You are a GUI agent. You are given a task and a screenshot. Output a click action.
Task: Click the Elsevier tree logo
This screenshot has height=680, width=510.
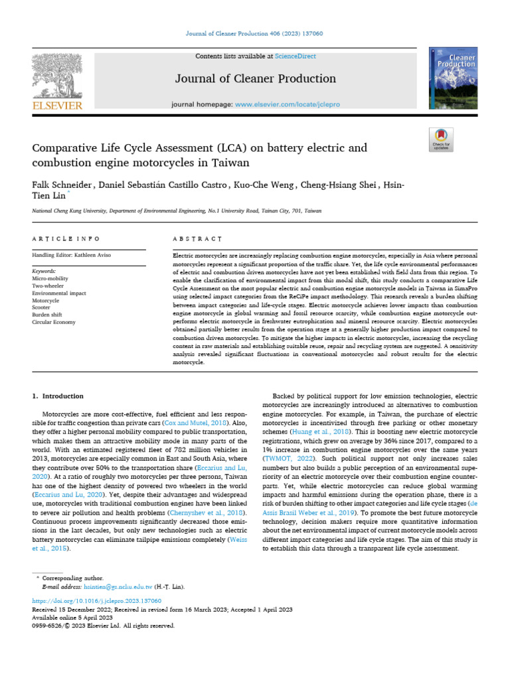pyautogui.click(x=57, y=76)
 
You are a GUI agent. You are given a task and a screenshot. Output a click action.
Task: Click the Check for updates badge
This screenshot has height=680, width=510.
pyautogui.click(x=441, y=139)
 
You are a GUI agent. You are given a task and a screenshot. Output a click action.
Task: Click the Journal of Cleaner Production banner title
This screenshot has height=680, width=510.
pyautogui.click(x=255, y=79)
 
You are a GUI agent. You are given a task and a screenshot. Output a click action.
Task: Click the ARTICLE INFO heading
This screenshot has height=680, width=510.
pyautogui.click(x=66, y=238)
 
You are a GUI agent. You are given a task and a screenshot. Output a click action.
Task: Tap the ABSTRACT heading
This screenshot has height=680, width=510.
pyautogui.click(x=197, y=238)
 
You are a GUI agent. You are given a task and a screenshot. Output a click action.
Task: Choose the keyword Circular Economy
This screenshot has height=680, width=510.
pyautogui.click(x=54, y=322)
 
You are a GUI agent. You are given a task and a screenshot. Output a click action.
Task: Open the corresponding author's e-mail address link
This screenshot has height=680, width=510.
pyautogui.click(x=118, y=587)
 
